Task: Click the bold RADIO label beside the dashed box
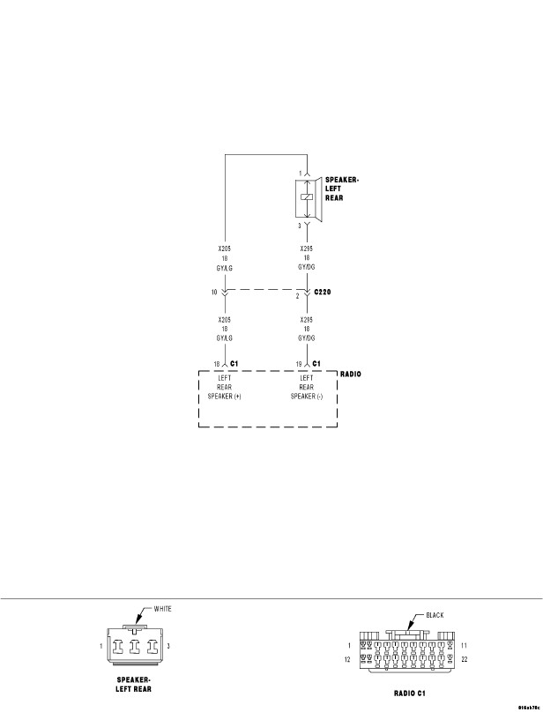[351, 374]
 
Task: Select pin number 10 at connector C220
[214, 291]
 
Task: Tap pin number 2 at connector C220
[297, 296]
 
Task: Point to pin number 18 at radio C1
[216, 363]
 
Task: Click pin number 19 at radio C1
[299, 363]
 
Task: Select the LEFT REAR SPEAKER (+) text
[225, 387]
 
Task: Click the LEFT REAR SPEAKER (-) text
[306, 387]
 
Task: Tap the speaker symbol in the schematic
[308, 198]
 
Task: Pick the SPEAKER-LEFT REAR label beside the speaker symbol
[342, 189]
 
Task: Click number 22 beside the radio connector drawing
[465, 658]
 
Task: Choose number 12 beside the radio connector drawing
[347, 658]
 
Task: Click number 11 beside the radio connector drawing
[465, 646]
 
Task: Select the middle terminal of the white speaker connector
[137, 646]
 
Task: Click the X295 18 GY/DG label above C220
[306, 257]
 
